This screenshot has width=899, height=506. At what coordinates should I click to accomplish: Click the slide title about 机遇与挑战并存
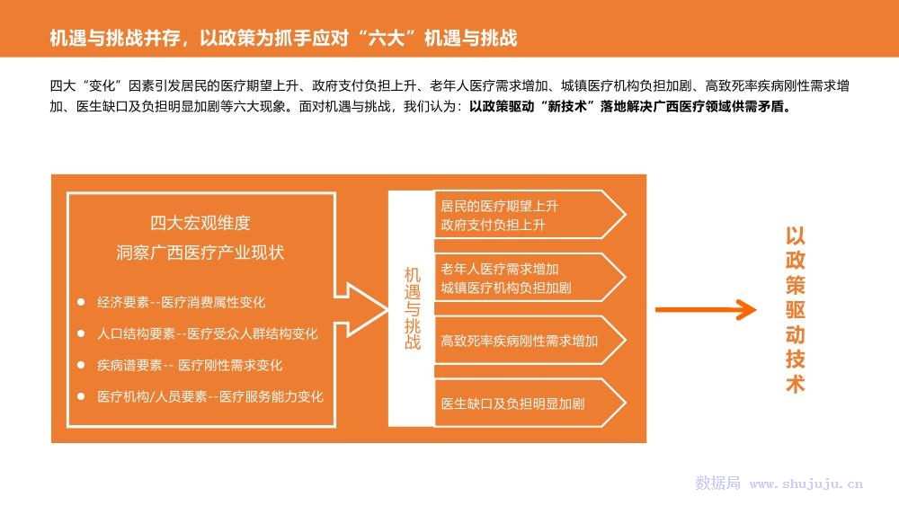point(283,38)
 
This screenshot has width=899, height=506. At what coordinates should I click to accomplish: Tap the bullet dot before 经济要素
point(81,302)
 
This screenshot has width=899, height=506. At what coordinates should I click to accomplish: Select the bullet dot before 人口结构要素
point(81,333)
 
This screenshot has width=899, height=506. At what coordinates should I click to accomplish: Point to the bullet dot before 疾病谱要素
point(81,365)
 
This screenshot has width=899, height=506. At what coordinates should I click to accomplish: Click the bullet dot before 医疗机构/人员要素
point(81,396)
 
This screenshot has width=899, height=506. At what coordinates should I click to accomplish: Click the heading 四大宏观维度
point(200,223)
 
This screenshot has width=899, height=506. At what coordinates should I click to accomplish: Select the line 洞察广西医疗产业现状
point(200,253)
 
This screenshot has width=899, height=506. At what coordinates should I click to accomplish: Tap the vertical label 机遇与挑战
point(412,308)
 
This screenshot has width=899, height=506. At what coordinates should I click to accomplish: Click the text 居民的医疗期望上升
point(499,206)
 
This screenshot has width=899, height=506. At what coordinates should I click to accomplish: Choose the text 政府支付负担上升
point(493,225)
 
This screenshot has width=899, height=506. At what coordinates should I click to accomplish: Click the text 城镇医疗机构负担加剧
point(505,289)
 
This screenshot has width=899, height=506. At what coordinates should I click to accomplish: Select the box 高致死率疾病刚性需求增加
point(519,341)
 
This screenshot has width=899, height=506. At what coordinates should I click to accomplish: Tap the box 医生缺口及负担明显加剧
point(512,404)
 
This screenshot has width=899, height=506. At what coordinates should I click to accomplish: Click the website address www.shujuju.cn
point(806,484)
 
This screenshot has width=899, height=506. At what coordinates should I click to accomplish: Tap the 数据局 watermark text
point(717,484)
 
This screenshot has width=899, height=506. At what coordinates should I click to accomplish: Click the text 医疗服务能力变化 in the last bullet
point(271,396)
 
